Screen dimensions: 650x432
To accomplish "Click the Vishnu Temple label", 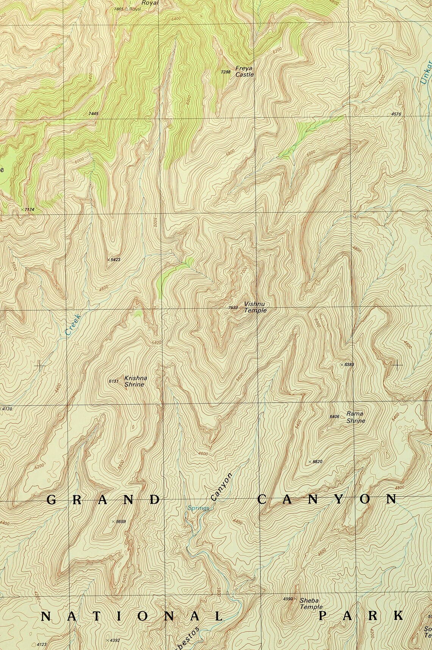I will click(255, 307).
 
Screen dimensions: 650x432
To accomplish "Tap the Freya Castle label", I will click(244, 71).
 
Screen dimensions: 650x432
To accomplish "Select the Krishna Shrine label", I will click(135, 381).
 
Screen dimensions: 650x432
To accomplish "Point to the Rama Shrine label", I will click(355, 417).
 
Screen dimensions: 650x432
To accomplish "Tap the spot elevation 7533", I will click(233, 308).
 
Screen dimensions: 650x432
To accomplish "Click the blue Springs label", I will click(198, 508).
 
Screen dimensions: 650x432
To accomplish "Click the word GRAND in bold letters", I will click(103, 499).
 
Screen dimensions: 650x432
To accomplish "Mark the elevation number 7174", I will click(29, 209).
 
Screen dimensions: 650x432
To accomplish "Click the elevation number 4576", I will click(396, 114).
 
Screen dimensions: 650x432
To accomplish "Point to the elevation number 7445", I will click(93, 113).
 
